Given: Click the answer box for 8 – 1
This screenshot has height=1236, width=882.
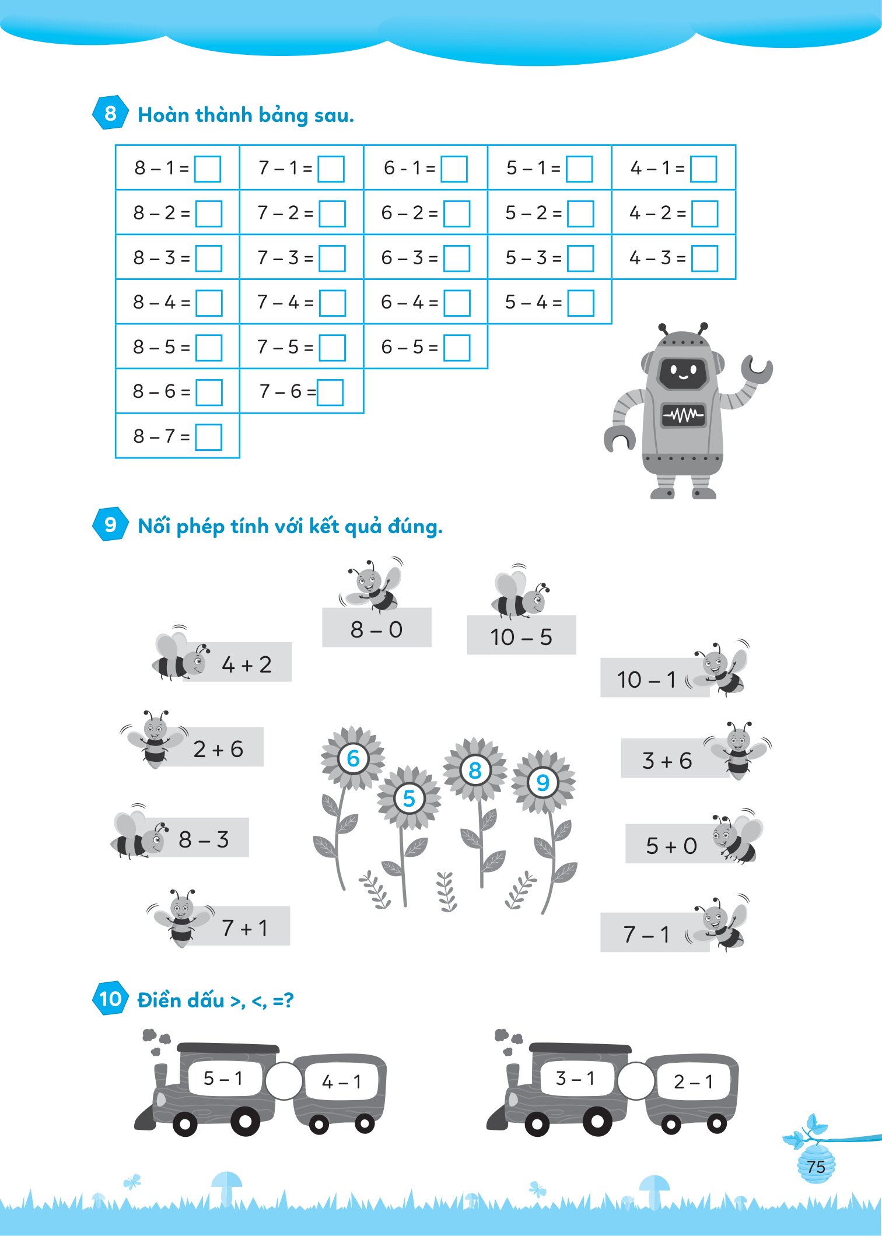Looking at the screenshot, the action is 208,169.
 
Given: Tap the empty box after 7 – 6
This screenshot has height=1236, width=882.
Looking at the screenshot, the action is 330,392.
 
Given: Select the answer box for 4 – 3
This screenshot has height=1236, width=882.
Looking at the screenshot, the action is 705,258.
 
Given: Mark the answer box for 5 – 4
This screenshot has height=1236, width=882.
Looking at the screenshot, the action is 581,303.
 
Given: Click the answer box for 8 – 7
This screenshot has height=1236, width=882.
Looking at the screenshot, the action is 209,437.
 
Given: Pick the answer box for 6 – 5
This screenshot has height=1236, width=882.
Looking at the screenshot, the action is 457,348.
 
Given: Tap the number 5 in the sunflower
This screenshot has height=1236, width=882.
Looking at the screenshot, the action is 409,798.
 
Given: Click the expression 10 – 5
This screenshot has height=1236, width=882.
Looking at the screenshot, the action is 521,637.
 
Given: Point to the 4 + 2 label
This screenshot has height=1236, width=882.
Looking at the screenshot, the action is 247,664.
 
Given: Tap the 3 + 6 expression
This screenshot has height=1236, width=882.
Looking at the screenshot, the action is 667,761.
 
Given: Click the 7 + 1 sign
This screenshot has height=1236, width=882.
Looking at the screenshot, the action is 245,927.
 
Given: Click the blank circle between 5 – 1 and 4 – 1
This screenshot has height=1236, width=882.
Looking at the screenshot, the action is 284,1081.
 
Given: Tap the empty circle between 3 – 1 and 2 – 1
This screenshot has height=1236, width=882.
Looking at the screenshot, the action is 636,1081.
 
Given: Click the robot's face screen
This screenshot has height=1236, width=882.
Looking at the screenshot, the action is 683,372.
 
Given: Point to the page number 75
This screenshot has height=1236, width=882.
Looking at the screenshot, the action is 816,1167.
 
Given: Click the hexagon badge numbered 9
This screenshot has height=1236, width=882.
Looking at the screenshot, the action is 110,524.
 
